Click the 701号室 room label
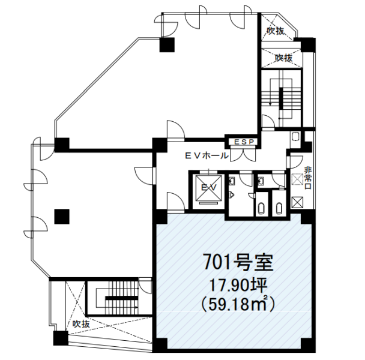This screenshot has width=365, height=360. coord(238,263)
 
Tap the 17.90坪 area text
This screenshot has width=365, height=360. coord(238,286)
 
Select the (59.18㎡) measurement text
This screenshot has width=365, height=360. coord(238,304)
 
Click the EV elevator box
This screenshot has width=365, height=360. coord(208,188)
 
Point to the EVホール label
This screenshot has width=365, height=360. coord(207,155)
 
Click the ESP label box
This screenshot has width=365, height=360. coord(243,142)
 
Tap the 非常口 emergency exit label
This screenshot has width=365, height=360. coord(308,178)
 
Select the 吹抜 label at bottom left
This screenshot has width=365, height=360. coord(81,323)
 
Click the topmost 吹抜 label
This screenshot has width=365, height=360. coord(276,31)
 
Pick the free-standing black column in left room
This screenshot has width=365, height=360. coord(62,217)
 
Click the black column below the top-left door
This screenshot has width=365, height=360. coord(167,44)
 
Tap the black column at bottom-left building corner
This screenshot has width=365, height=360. coord(61,338)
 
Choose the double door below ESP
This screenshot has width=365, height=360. coord(243,155)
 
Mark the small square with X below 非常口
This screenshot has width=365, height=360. coord(298,202)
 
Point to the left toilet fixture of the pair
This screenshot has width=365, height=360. coord(261,209)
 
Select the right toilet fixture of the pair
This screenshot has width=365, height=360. coord(279,209)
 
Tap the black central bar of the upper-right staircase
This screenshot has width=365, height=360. coord(282,98)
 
